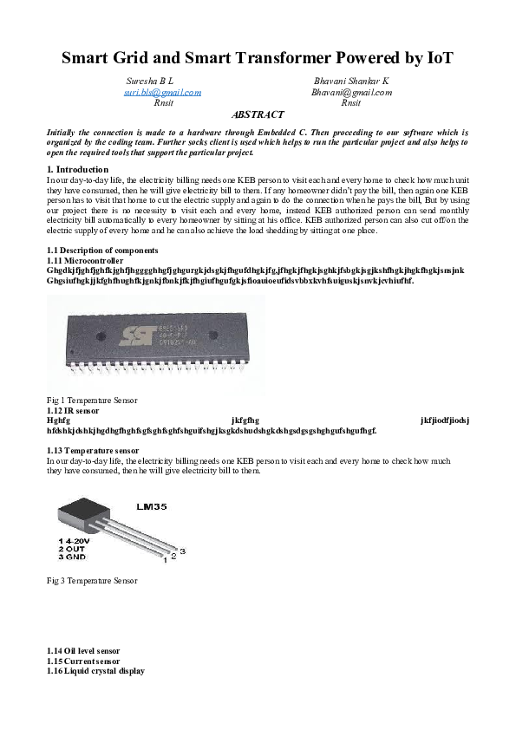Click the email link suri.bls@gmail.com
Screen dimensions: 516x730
[x=163, y=91]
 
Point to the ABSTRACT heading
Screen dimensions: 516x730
[x=258, y=114]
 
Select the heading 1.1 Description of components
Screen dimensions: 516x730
[x=96, y=251]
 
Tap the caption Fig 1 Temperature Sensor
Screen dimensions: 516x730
[x=92, y=400]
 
